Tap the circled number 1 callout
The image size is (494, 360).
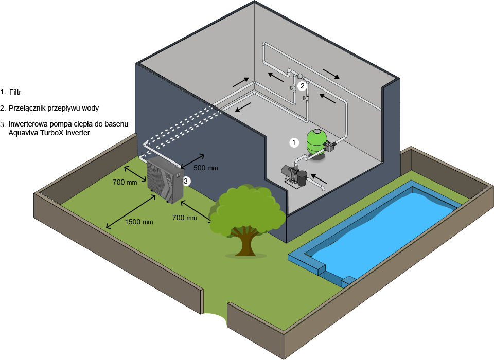pos(294,142)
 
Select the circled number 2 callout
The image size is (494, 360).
pos(303,86)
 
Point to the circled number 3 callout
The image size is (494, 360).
pos(186,181)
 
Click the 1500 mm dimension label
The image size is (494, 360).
pos(139,222)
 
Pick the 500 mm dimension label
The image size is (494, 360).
pos(206,168)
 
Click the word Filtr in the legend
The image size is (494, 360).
pos(15,92)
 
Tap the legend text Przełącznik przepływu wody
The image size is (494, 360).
pos(54,109)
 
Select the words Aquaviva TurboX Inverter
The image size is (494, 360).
pos(49,133)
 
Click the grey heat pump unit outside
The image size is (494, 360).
pos(165,180)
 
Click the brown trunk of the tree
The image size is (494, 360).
pos(246,241)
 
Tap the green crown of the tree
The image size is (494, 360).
pos(248,209)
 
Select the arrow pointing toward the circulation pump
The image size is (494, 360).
pos(319,178)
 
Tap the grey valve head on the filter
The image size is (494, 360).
pos(330,146)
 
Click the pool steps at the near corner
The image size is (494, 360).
pos(348,281)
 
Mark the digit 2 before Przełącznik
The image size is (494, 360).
pos(3,109)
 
